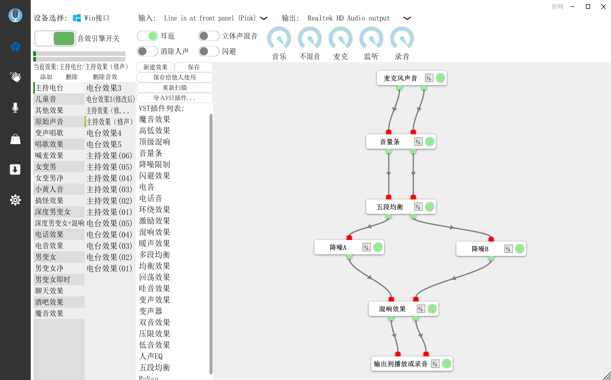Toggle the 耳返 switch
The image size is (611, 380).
148,36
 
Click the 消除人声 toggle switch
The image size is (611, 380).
148,51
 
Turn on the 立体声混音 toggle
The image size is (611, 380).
209,36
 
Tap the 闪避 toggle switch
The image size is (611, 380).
209,51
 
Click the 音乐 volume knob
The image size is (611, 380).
279,39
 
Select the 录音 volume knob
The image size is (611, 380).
402,39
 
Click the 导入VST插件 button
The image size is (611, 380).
174,98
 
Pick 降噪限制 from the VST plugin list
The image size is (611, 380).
155,165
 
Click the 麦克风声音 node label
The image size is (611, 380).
401,78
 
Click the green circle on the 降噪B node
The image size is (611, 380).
520,249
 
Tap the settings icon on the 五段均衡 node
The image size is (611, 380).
418,207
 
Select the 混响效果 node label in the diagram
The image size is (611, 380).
392,309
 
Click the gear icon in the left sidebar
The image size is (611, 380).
15,200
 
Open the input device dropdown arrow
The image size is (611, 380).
264,18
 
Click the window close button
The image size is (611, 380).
602,6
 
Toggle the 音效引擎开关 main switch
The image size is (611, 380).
55,38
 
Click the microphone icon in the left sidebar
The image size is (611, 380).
15,108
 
